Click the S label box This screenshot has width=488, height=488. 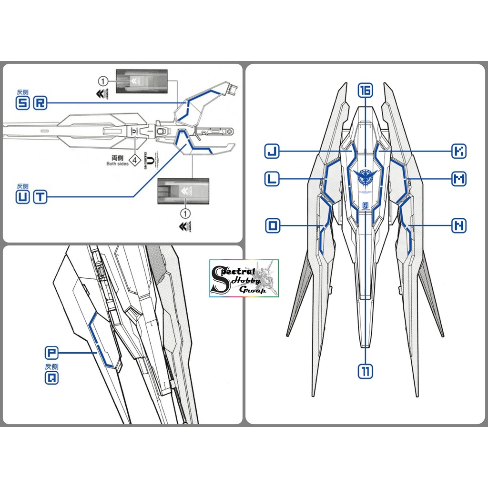click(x=22, y=103)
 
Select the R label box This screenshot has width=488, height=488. click(x=40, y=103)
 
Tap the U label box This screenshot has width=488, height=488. click(x=22, y=197)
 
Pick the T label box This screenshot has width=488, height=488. click(x=40, y=197)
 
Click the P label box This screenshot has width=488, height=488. click(x=51, y=353)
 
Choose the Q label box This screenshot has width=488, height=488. click(x=51, y=379)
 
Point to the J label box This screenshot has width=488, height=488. click(x=272, y=152)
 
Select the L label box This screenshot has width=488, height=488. click(x=272, y=179)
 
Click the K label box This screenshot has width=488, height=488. click(x=459, y=152)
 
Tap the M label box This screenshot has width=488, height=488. click(x=459, y=179)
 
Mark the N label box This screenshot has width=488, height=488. click(x=459, y=226)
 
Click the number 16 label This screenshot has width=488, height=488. click(x=366, y=90)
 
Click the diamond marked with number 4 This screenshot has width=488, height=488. click(x=135, y=161)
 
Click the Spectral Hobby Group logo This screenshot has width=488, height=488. click(x=244, y=278)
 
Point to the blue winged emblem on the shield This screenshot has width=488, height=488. click(x=366, y=177)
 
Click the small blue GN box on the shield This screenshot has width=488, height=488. click(x=366, y=205)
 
